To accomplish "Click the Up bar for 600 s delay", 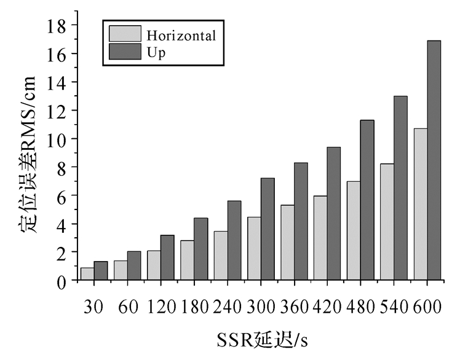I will coord(434,160).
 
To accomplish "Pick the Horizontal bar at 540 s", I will coord(387,222).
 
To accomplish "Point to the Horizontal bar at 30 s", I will coord(87,274).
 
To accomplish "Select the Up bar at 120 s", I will coord(167,258).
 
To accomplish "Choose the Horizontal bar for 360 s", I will coord(287,243).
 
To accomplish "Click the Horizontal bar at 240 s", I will coord(221,256).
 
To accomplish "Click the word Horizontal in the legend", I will coord(181,36).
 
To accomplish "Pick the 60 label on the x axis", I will coord(127,307).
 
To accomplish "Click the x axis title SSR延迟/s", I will coord(260,340).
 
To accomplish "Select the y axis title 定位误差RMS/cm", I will coord(27,154).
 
